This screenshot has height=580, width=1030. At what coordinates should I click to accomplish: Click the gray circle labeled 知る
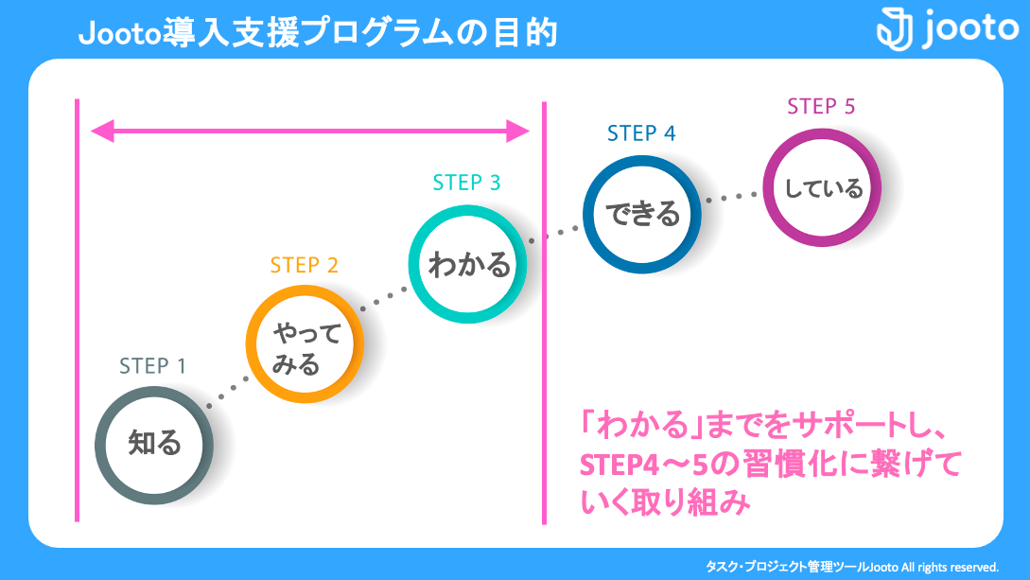tap(153, 444)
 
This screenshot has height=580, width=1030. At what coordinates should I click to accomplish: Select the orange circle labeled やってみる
tap(305, 348)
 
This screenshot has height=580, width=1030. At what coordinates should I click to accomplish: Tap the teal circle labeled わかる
tap(467, 264)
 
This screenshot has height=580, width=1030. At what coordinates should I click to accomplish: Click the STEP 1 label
tap(152, 366)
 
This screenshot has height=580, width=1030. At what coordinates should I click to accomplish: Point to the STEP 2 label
tap(304, 266)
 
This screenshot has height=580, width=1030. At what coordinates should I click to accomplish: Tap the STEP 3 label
tap(466, 183)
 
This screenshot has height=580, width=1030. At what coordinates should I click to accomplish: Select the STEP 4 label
tap(641, 133)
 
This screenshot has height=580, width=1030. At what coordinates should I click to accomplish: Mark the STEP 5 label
tap(821, 106)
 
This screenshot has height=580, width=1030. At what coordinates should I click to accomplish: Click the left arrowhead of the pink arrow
tap(101, 131)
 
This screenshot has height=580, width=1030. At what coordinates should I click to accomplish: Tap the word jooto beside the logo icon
tap(968, 27)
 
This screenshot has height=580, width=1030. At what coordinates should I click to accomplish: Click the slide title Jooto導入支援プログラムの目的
tap(318, 33)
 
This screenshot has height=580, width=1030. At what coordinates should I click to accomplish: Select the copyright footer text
tap(852, 567)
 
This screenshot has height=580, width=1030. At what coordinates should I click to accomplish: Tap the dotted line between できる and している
tap(733, 198)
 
